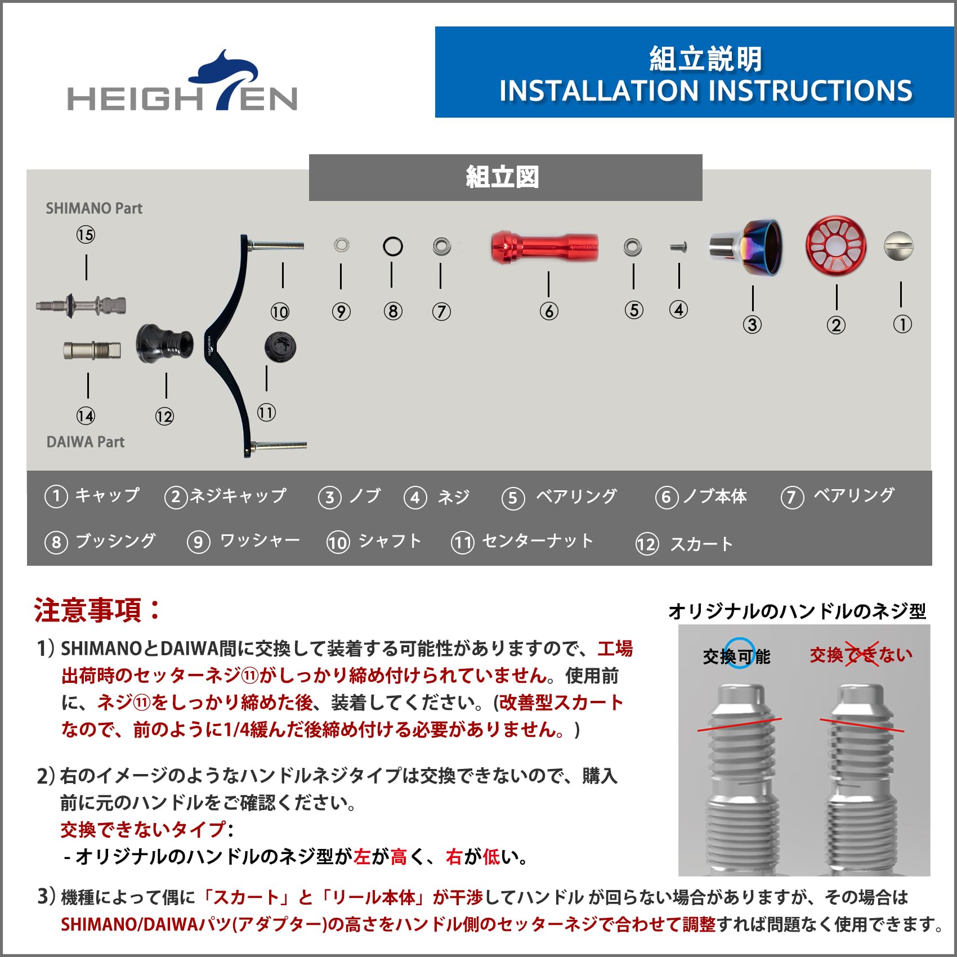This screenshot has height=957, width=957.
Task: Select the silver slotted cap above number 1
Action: [x=898, y=246]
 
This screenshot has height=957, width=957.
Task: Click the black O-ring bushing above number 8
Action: [x=392, y=247]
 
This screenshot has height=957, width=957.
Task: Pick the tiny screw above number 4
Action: [x=679, y=247]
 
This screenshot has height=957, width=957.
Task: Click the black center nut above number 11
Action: [x=280, y=347]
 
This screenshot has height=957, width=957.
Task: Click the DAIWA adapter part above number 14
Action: [x=92, y=350]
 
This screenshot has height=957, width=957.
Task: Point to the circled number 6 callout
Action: [x=549, y=311]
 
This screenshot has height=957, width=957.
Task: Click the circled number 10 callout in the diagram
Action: [x=280, y=312]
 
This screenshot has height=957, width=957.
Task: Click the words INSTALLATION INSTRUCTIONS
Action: [x=705, y=91]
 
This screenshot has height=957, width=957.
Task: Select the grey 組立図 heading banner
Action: [x=505, y=177]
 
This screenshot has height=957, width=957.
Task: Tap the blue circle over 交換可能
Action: [x=739, y=653]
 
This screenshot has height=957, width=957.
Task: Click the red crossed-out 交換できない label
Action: [x=860, y=655]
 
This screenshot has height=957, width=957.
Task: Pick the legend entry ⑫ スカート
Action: [x=685, y=544]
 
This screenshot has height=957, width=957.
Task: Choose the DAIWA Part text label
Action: [x=86, y=442]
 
